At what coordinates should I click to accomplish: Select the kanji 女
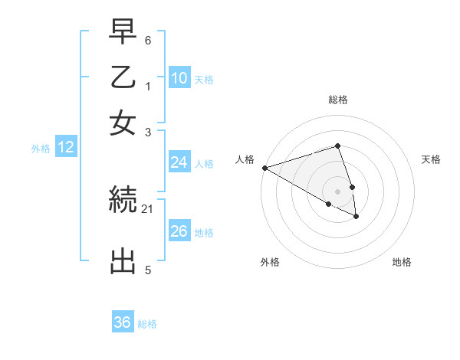click(x=123, y=123)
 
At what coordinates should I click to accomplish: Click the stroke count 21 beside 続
click(x=148, y=208)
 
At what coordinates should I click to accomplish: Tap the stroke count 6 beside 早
click(x=148, y=39)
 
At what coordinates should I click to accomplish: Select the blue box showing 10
click(x=179, y=77)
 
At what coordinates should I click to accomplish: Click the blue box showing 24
click(x=179, y=162)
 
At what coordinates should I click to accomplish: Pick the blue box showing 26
click(x=179, y=231)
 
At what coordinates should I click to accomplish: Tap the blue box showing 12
click(x=66, y=148)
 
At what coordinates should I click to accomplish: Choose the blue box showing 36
click(x=123, y=322)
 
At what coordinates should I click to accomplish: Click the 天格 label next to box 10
click(x=204, y=79)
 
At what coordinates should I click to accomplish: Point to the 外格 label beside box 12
click(x=41, y=149)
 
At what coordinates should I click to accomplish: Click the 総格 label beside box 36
click(x=147, y=324)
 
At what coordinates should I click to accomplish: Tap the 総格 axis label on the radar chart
click(x=337, y=100)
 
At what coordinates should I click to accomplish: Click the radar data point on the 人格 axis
click(x=264, y=168)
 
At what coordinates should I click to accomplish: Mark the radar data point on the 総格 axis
click(x=337, y=146)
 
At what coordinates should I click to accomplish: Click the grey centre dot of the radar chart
click(x=337, y=191)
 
